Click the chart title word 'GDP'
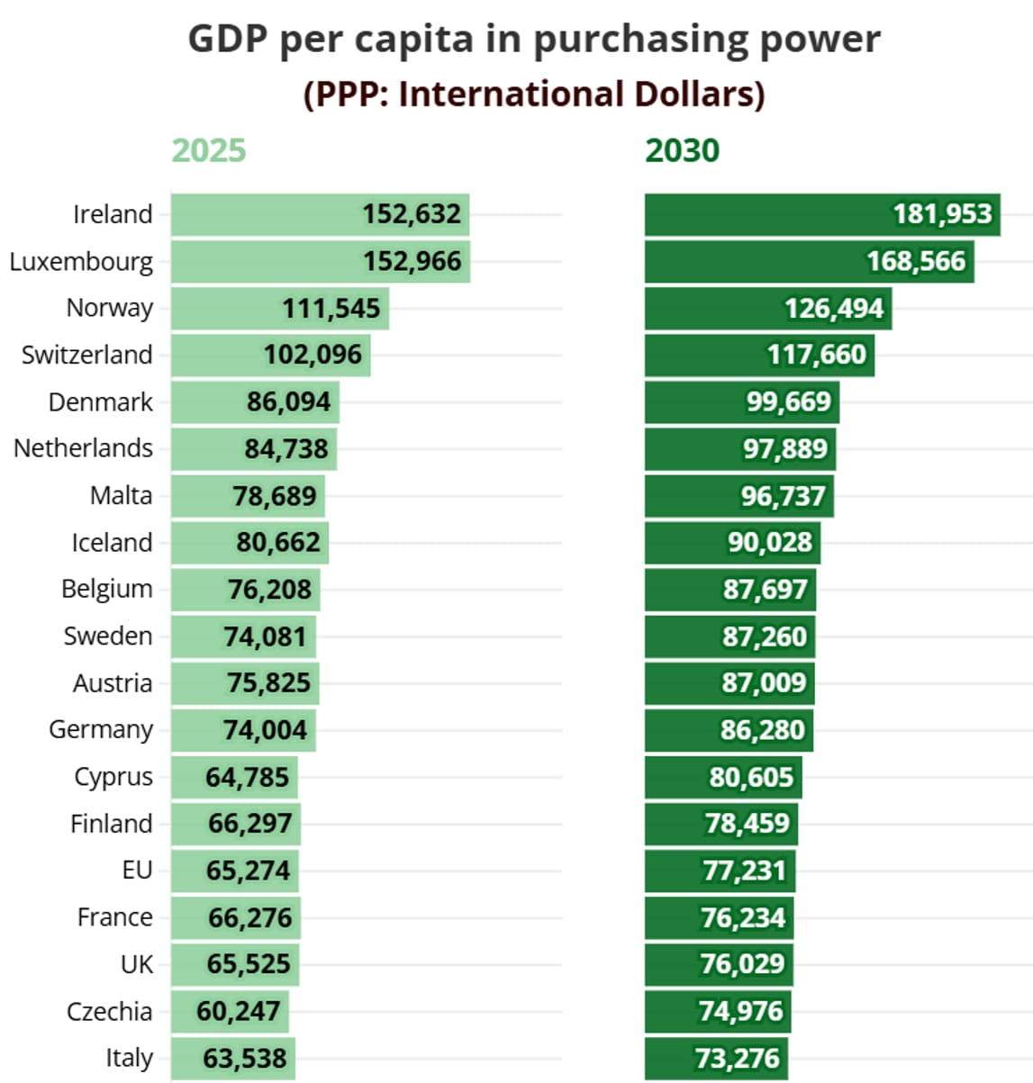229,40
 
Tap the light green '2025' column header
208,150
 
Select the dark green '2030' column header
682,150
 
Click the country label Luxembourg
81,262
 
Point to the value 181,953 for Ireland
942,214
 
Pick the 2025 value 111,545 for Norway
331,309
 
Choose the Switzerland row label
86,355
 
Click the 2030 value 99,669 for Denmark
788,402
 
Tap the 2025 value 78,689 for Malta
275,496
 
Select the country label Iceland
112,543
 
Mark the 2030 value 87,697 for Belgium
765,590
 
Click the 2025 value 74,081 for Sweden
265,636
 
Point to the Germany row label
101,729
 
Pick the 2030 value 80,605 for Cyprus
751,777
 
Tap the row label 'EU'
137,871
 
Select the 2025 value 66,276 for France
249,917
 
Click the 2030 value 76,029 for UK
742,964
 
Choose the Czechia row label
109,1012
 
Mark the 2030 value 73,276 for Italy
737,1058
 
